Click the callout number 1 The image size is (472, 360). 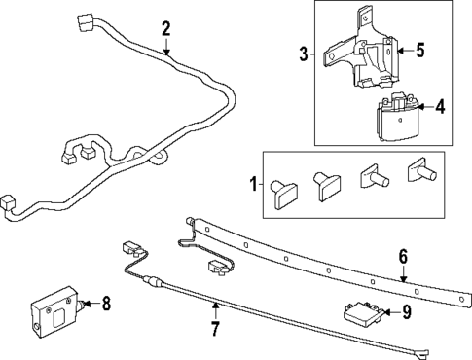coord(255,183)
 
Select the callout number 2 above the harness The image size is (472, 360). coord(165,28)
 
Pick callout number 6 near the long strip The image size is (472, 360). coord(401,257)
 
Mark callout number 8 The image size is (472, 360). coord(105,305)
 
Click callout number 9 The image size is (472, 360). coord(407,311)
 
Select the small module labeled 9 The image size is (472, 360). coord(360,314)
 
